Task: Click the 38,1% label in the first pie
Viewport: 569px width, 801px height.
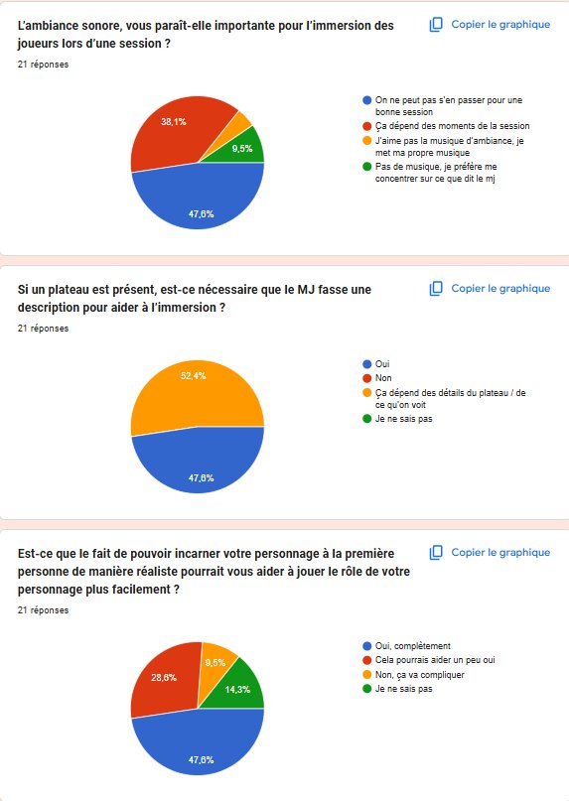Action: coord(174,121)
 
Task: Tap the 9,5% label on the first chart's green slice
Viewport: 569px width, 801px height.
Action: coord(242,149)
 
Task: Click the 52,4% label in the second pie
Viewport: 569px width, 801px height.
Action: coord(194,376)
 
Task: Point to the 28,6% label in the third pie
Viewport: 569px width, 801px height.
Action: coord(164,678)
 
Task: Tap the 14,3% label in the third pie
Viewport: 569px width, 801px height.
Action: coord(237,690)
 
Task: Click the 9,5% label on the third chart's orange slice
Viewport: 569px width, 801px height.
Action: coord(215,663)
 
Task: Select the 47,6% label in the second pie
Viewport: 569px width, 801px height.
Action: coord(201,478)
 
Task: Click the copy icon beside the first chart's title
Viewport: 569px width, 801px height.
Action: coord(436,25)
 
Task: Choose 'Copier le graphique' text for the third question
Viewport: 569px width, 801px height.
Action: coord(500,552)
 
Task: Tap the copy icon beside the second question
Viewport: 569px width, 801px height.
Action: coord(436,289)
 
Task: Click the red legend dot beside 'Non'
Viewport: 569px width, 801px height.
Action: coord(366,378)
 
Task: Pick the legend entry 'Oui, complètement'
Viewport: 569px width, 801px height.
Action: coord(412,646)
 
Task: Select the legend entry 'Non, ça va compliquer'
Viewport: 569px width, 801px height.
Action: coord(420,675)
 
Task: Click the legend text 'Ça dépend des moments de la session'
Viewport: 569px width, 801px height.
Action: coord(453,126)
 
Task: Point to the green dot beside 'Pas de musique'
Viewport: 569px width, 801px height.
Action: coord(366,167)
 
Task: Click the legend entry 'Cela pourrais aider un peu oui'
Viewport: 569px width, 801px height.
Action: coord(435,660)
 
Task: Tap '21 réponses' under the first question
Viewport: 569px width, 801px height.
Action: coord(43,65)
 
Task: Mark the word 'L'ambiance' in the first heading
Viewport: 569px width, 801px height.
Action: coord(47,26)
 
